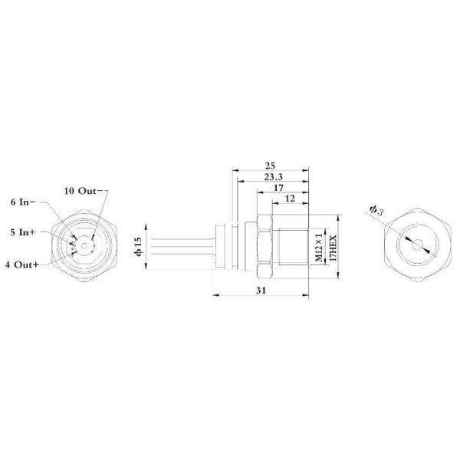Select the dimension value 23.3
click(x=272, y=177)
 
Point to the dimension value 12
click(x=290, y=199)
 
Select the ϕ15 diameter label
click(x=138, y=246)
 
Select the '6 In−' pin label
click(x=24, y=202)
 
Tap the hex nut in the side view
click(x=264, y=246)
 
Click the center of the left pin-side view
click(x=81, y=246)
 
